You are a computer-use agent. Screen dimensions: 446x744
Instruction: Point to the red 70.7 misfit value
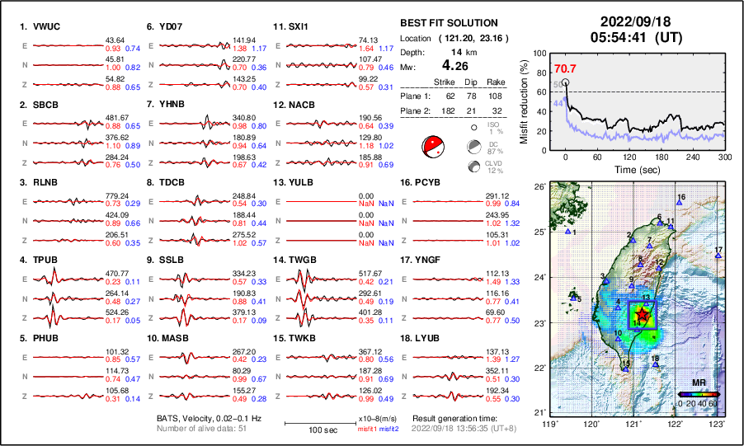[x=564, y=68]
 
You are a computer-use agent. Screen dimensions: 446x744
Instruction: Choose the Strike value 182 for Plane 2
[x=445, y=110]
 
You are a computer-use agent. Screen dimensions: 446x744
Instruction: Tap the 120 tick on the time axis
[x=629, y=157]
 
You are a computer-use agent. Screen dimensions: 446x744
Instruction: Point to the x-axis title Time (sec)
[x=629, y=168]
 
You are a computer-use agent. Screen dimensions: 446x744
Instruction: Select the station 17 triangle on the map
[x=718, y=256]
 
